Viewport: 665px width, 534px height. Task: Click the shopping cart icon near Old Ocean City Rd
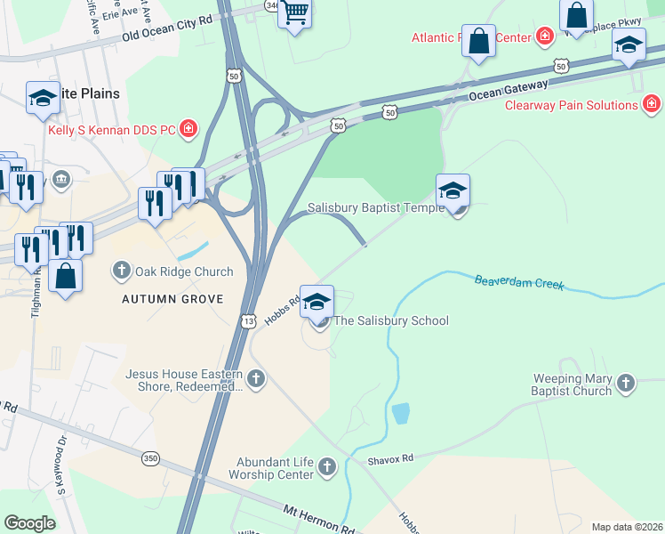coord(294,14)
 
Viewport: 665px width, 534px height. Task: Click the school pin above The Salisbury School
coord(316,302)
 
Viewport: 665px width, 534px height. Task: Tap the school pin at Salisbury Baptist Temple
coord(453,190)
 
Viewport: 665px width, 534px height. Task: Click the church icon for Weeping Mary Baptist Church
coord(626,384)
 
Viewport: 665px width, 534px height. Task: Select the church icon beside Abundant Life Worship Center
coord(327,466)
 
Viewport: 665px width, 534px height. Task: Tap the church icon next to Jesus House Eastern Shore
coord(256,380)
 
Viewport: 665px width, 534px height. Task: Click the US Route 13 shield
coord(249,319)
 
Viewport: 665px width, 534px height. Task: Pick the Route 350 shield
coord(150,457)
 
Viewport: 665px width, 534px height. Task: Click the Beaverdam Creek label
coord(519,283)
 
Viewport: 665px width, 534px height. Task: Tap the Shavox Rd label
coord(391,459)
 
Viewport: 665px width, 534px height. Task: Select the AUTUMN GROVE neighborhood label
coord(172,299)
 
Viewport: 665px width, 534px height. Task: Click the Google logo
coord(30,522)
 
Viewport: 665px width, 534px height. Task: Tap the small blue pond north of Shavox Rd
coord(400,413)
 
